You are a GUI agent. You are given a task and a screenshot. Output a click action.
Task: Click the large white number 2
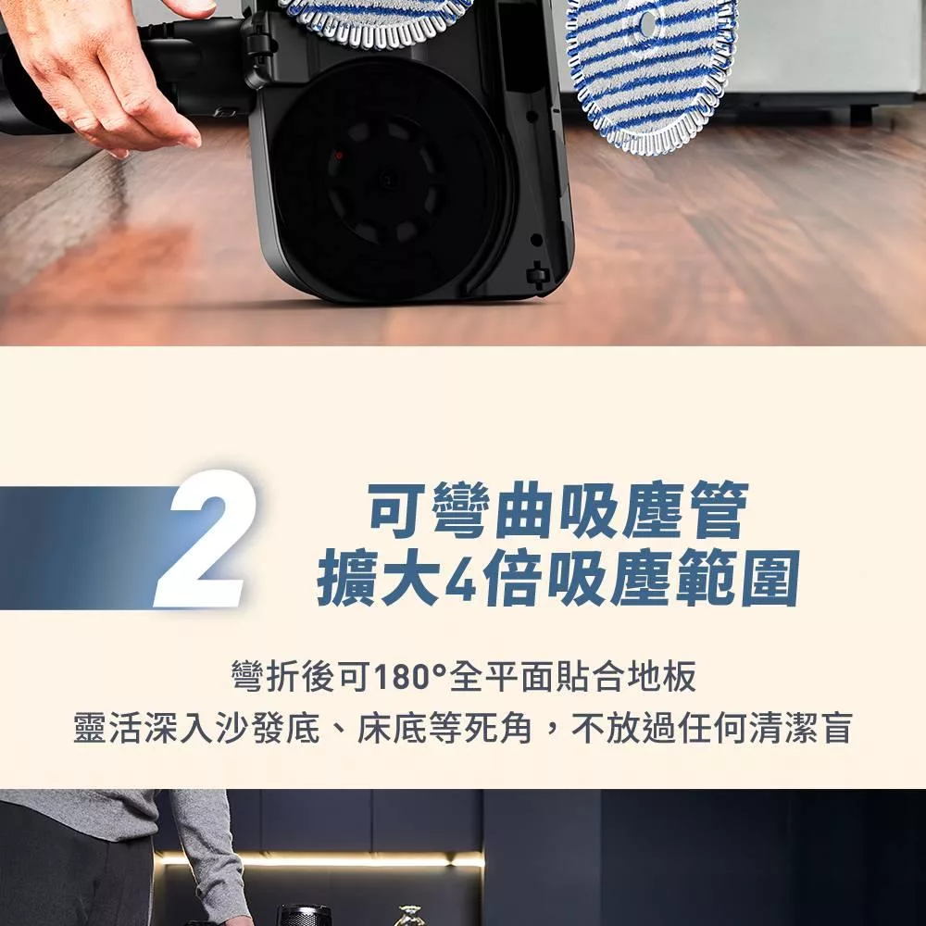tap(204, 539)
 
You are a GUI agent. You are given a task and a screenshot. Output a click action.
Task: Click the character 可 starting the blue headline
tap(397, 510)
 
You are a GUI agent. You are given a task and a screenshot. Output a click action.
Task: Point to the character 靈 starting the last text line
tap(91, 728)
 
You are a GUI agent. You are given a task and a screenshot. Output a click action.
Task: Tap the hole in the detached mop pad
tap(647, 23)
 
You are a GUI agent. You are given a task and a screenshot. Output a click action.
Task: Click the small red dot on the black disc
tap(339, 156)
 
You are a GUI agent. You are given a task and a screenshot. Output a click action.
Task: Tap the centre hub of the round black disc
tap(387, 179)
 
